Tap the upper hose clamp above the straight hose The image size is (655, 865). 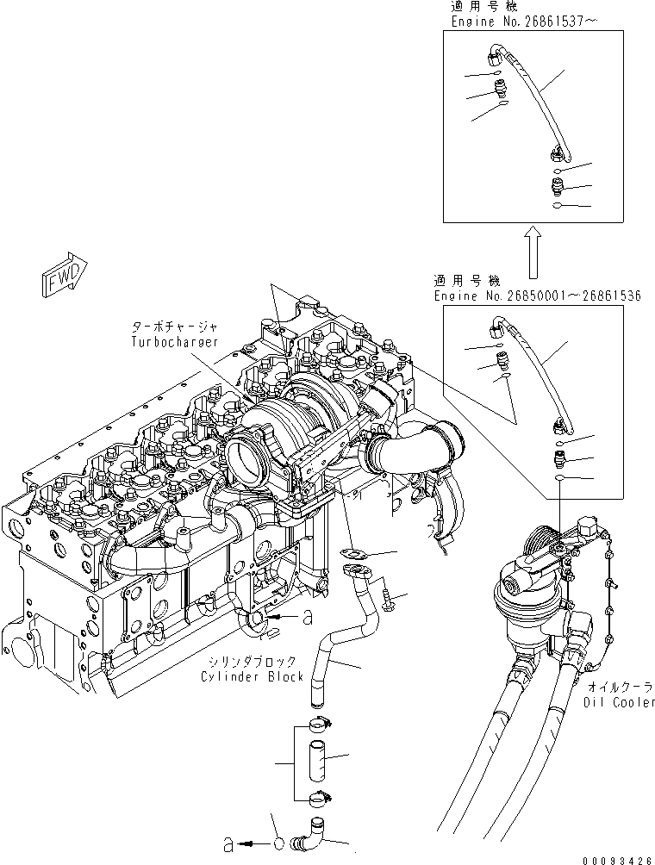click(316, 723)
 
